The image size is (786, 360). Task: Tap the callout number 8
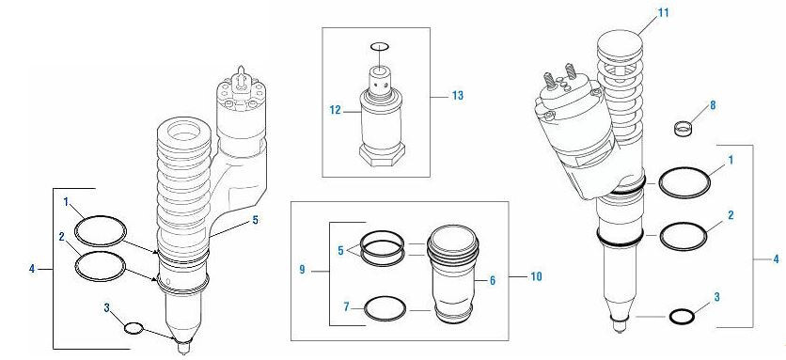[x=713, y=105]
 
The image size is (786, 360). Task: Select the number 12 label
[x=333, y=110]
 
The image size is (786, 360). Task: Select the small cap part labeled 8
[x=685, y=126]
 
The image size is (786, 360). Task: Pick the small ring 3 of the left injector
[x=134, y=328]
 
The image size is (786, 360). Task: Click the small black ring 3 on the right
[x=682, y=317]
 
